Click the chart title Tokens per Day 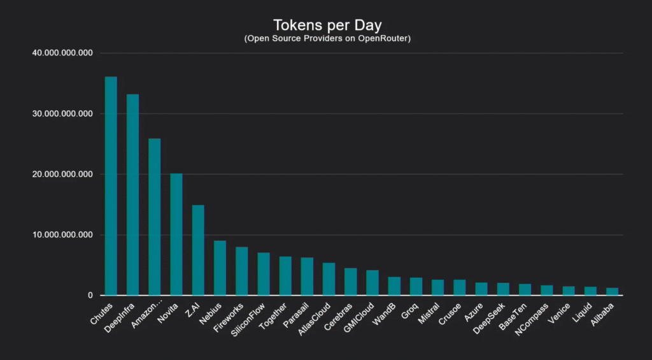[x=327, y=25]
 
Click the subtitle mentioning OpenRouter [x=327, y=39]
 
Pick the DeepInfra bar [x=132, y=195]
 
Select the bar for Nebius [x=220, y=268]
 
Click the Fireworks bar [x=241, y=271]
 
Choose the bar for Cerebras [x=350, y=282]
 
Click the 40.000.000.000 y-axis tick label [x=62, y=53]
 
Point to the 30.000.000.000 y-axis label [x=62, y=113]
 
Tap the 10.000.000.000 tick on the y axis [x=62, y=235]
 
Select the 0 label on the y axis [x=91, y=296]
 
